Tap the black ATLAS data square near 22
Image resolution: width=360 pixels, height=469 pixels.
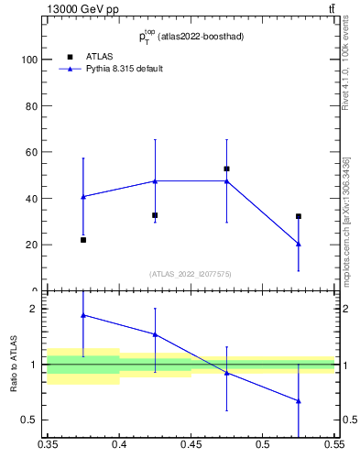click(83, 240)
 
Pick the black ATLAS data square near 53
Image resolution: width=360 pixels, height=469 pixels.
click(226, 169)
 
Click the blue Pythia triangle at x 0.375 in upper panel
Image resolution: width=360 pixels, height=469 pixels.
click(83, 196)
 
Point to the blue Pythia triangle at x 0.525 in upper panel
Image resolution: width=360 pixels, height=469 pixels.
click(298, 244)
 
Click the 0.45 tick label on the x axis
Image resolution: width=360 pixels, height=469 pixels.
click(191, 444)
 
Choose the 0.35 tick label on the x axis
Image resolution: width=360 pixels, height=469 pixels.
click(48, 444)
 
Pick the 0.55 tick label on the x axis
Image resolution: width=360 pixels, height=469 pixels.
click(333, 444)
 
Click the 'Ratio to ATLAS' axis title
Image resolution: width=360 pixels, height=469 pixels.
click(14, 364)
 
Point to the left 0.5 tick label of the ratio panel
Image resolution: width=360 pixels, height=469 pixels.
click(30, 420)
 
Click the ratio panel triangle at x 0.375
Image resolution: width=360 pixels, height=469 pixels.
click(83, 315)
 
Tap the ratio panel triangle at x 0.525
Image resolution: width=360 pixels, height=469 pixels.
click(298, 400)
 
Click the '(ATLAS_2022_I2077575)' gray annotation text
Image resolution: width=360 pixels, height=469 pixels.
click(191, 273)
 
